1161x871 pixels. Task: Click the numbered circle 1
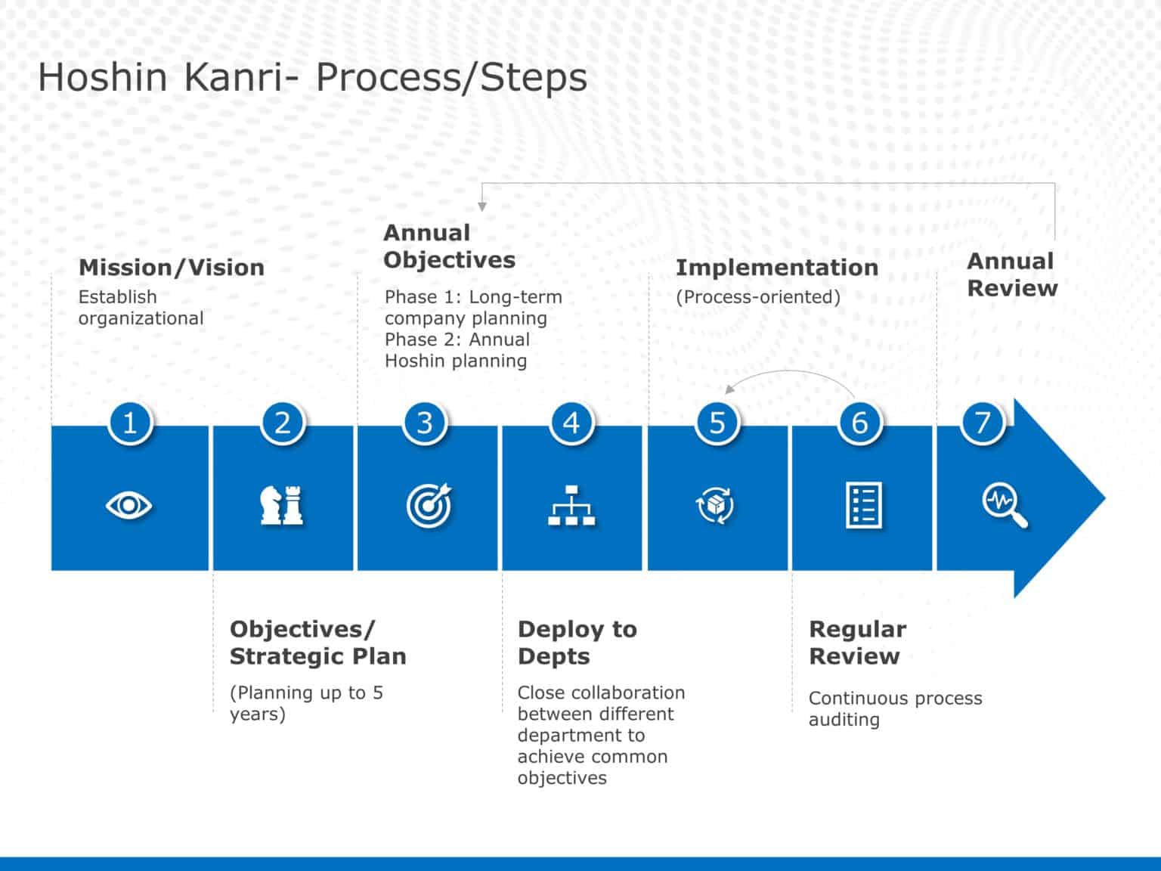point(130,423)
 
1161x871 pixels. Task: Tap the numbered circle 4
point(571,423)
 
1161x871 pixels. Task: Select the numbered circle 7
point(982,423)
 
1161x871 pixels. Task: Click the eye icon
point(129,505)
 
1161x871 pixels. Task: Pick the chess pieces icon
point(282,505)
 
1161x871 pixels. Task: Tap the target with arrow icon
point(429,505)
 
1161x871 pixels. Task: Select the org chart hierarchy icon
point(571,505)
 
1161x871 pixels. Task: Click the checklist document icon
point(862,504)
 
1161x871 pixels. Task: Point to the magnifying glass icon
point(1005,506)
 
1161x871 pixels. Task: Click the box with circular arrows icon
point(715,505)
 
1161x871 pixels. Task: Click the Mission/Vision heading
point(172,268)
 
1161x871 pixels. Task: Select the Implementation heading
point(776,268)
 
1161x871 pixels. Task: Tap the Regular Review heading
point(857,643)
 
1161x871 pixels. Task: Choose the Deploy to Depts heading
point(577,643)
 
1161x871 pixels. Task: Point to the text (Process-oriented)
point(757,297)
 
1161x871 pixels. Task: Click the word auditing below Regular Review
point(844,720)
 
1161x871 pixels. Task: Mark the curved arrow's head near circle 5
point(729,389)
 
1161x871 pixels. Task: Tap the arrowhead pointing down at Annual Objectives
point(482,206)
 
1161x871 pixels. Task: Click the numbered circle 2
point(283,423)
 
